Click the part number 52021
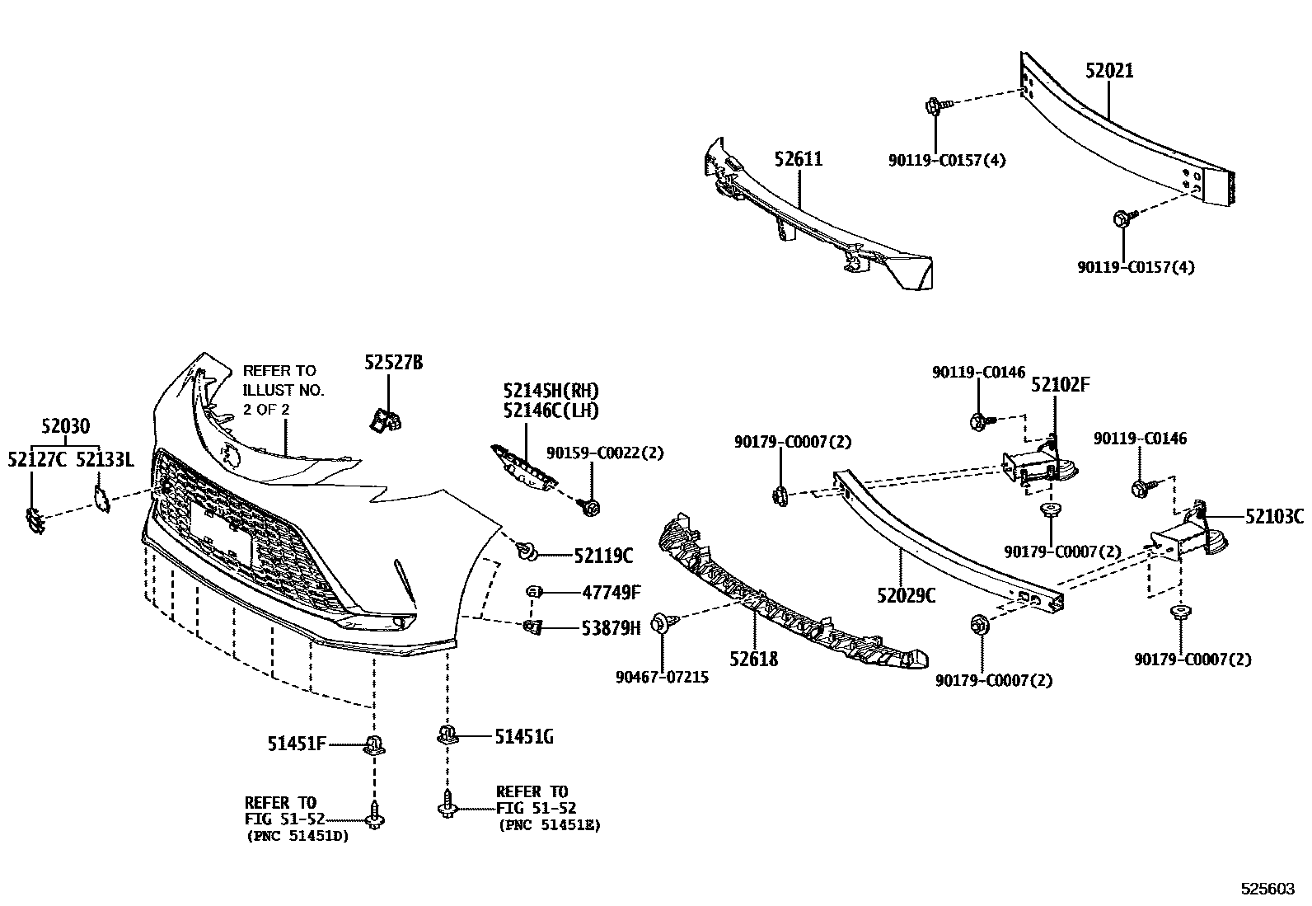tap(1108, 71)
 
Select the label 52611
tap(798, 159)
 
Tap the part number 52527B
tap(394, 362)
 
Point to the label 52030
tap(65, 426)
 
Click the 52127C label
tap(37, 459)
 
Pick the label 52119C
tap(603, 556)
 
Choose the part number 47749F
tap(611, 592)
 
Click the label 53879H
tap(611, 628)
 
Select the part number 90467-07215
tap(661, 678)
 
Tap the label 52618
tap(753, 659)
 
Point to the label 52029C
tap(906, 594)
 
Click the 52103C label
tap(1274, 517)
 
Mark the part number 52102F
tap(1061, 385)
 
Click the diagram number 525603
tap(1268, 890)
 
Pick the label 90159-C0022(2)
tap(605, 453)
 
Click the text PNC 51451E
tap(548, 825)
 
